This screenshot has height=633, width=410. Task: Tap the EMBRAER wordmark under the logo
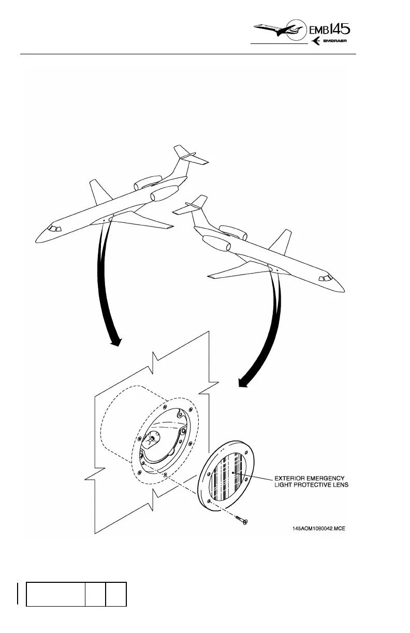click(339, 42)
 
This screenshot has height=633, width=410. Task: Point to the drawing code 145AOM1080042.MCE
click(319, 529)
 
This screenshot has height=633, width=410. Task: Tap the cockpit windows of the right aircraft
click(326, 279)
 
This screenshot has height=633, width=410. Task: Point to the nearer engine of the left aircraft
click(160, 196)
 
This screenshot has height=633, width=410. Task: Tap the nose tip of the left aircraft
click(36, 239)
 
